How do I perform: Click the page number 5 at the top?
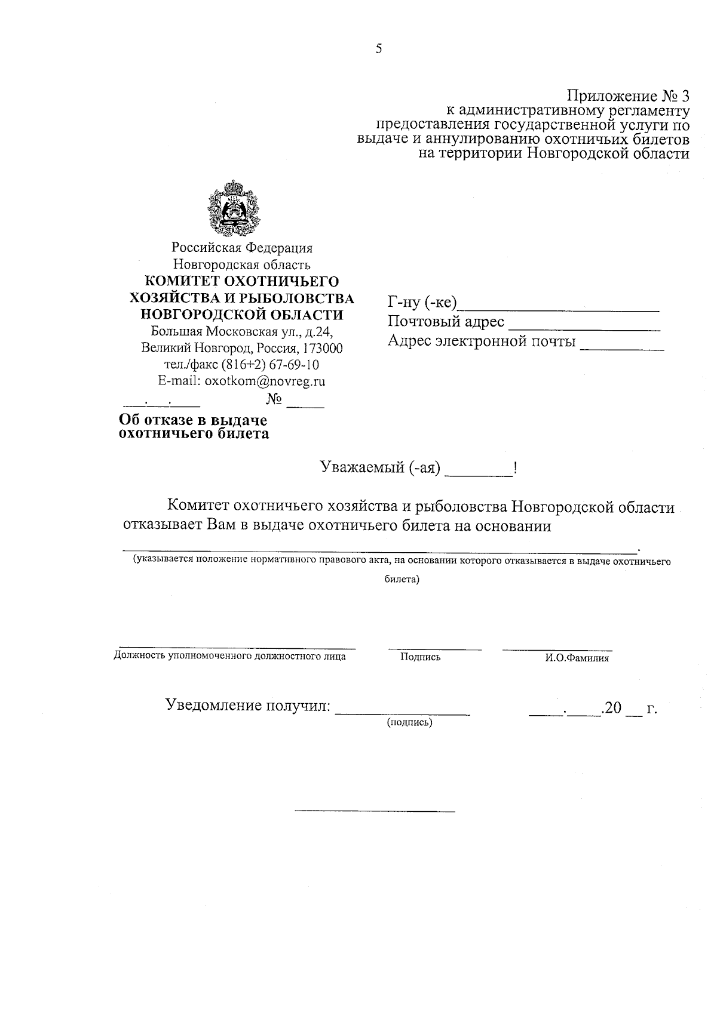click(378, 49)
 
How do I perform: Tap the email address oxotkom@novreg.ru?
click(265, 381)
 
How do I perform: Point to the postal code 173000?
click(323, 348)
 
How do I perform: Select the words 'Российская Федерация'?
click(242, 247)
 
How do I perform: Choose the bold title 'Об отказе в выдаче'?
click(193, 420)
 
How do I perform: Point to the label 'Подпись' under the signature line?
click(421, 657)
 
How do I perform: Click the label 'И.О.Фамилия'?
click(577, 658)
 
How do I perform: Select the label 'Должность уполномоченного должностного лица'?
click(229, 657)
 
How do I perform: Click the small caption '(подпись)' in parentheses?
click(410, 723)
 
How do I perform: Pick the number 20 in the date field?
click(613, 709)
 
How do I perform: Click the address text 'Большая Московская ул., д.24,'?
click(241, 331)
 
